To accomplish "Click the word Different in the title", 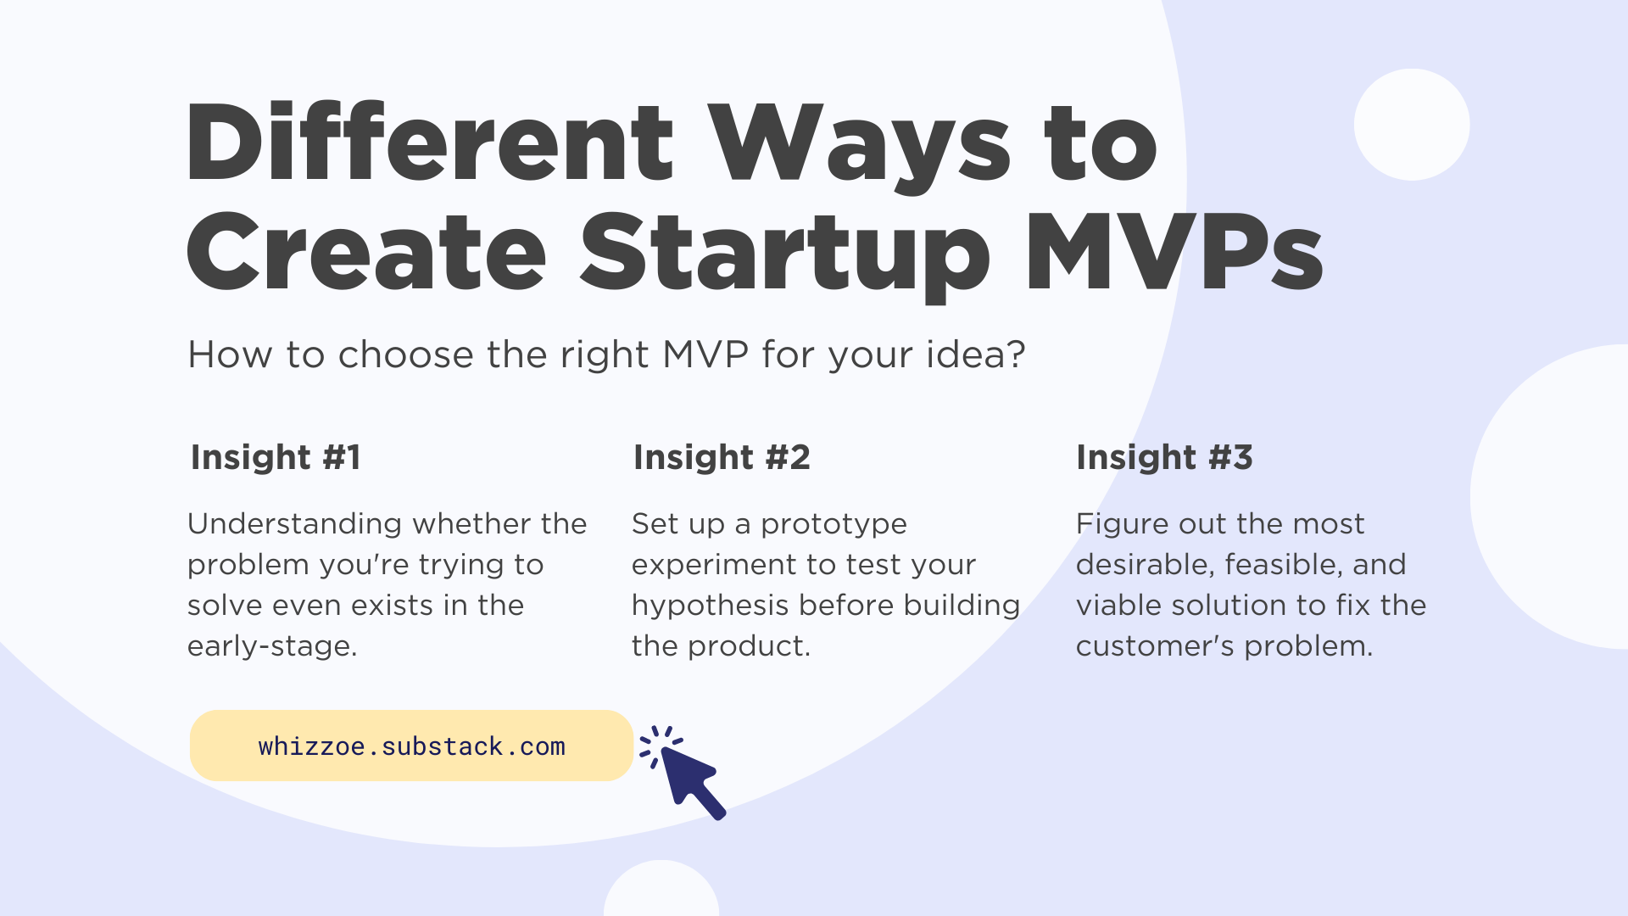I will tap(429, 142).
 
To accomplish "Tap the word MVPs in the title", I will tap(1174, 253).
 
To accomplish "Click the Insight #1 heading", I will tap(276, 457).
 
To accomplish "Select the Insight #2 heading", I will tap(722, 457).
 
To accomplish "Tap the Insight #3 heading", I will tap(1164, 457).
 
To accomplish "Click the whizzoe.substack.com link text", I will tap(411, 746).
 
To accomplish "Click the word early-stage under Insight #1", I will tap(271, 646).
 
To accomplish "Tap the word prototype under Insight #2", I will tap(834, 524).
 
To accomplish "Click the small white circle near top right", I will tap(1411, 125).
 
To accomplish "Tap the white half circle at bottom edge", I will tap(661, 891).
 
